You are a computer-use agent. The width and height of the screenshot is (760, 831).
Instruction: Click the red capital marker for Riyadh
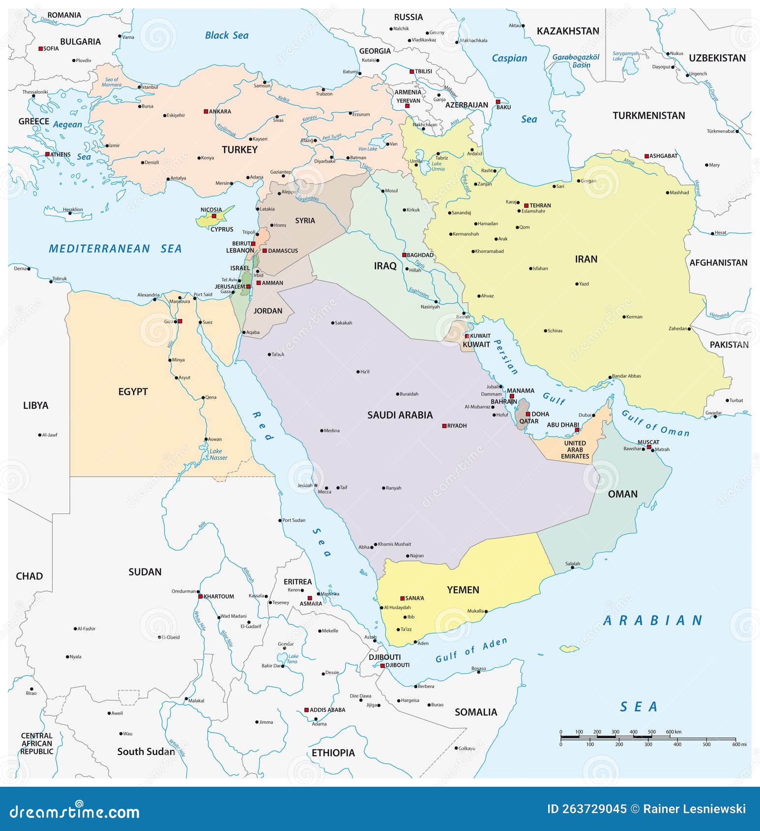click(x=444, y=426)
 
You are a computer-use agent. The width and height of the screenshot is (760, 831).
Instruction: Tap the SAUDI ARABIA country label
click(x=400, y=415)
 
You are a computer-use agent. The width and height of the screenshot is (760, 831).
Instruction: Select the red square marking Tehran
click(x=526, y=206)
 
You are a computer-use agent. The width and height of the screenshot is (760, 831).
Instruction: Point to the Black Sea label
click(x=227, y=35)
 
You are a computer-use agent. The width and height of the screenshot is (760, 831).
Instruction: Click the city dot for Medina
click(x=322, y=431)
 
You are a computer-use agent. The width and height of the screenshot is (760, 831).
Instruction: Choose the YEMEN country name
click(x=463, y=590)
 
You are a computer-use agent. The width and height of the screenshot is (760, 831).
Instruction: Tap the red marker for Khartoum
click(x=201, y=596)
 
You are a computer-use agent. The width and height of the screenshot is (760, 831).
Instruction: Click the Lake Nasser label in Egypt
click(x=218, y=454)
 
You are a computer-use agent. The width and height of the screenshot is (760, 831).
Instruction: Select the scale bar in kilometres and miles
click(x=648, y=738)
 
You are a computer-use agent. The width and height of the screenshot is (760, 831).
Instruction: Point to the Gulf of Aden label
click(x=470, y=651)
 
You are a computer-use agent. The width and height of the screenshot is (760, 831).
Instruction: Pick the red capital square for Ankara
click(x=206, y=112)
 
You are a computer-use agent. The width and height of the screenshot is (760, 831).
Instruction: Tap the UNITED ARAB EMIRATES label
click(x=575, y=450)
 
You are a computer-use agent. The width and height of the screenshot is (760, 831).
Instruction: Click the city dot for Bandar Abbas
click(x=610, y=378)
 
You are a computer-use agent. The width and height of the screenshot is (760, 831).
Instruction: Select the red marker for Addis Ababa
click(x=306, y=710)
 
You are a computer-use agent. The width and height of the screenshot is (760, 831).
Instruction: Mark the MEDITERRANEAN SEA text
click(x=115, y=249)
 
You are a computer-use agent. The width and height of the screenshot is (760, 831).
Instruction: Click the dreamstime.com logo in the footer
click(x=75, y=812)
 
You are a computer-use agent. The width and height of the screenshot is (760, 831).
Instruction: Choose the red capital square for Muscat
click(x=649, y=447)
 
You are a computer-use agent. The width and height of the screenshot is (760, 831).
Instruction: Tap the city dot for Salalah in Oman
click(x=572, y=568)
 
